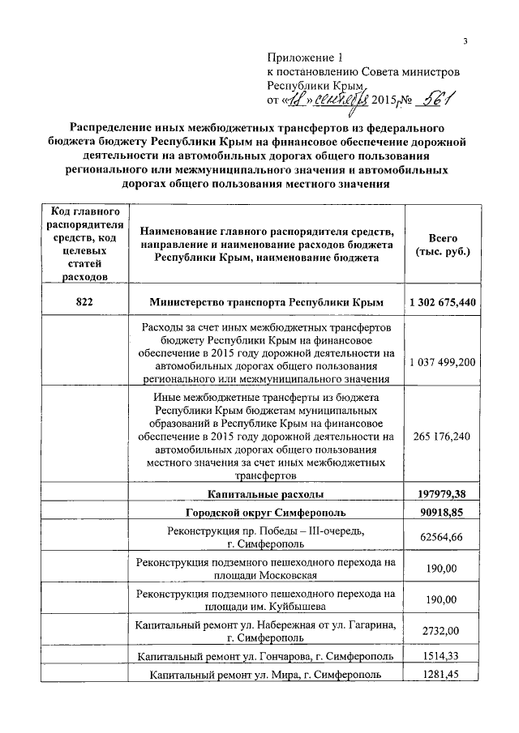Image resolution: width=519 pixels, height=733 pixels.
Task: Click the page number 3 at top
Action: pyautogui.click(x=465, y=41)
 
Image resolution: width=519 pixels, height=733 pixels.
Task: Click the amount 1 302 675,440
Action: pyautogui.click(x=443, y=301)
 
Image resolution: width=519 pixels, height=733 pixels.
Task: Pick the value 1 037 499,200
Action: pyautogui.click(x=443, y=360)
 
